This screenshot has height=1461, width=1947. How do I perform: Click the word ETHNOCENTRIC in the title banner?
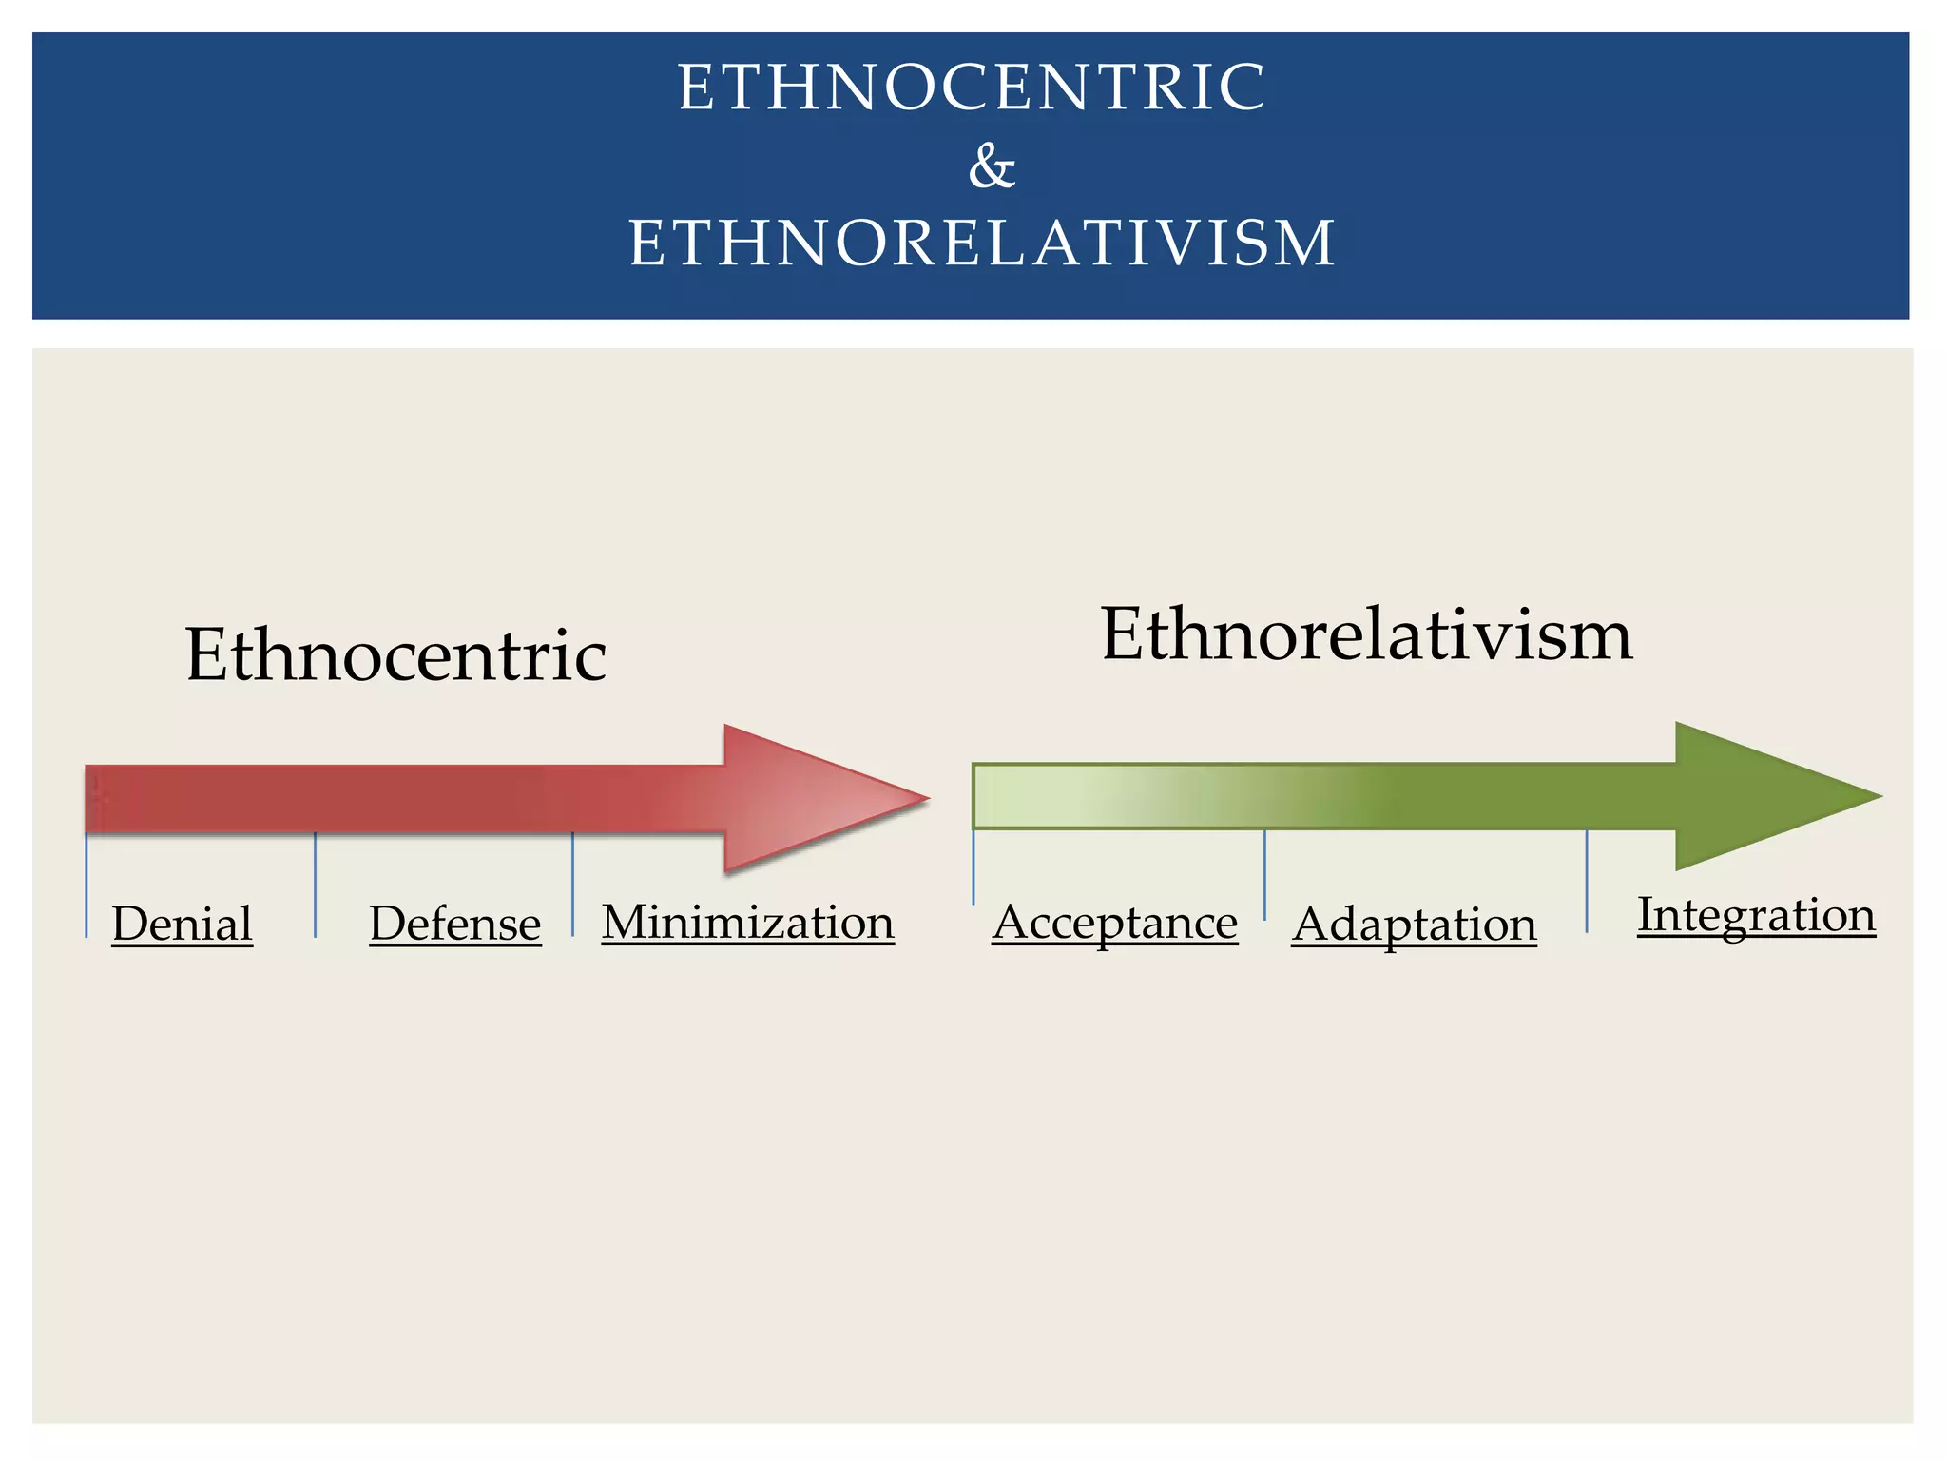coord(972,87)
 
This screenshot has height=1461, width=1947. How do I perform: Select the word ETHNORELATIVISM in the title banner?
coord(982,243)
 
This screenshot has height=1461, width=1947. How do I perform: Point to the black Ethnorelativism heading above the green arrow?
coord(1366,633)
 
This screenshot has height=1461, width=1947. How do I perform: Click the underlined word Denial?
coord(182,923)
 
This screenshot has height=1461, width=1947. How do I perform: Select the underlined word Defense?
coord(454,923)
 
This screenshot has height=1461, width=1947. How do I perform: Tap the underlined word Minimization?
coord(747,922)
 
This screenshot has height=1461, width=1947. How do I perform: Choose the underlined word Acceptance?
coord(1114,922)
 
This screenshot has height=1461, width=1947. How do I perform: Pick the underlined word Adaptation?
coord(1414,924)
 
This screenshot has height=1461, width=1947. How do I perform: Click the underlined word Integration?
coord(1756,914)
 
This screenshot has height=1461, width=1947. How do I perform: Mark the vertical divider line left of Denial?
coord(87,885)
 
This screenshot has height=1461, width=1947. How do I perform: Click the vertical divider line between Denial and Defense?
coord(316,885)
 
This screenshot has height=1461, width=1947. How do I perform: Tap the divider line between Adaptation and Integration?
coord(1587,881)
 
